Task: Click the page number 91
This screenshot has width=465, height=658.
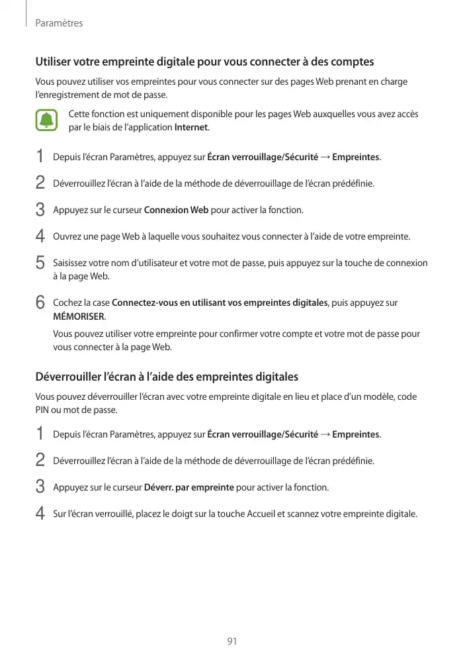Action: tap(232, 641)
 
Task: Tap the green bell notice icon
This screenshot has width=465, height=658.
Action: tap(46, 120)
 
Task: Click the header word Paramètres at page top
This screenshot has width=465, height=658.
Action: tap(59, 23)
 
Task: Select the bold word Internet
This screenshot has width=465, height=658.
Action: tap(190, 127)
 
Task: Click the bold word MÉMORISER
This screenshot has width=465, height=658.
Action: tap(79, 316)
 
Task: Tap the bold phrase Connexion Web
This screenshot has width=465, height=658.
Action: tap(176, 211)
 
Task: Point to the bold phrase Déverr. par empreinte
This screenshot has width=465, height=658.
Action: tap(189, 487)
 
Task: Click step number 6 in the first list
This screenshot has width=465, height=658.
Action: tap(40, 303)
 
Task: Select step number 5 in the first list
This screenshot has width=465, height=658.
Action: tap(40, 263)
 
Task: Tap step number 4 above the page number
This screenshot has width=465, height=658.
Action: tap(40, 513)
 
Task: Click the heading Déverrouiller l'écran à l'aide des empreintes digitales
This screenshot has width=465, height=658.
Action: tap(167, 377)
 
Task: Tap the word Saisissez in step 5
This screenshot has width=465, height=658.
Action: tap(71, 263)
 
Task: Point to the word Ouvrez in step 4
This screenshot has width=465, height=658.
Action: tap(67, 236)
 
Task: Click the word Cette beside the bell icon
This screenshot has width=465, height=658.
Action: tap(80, 115)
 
